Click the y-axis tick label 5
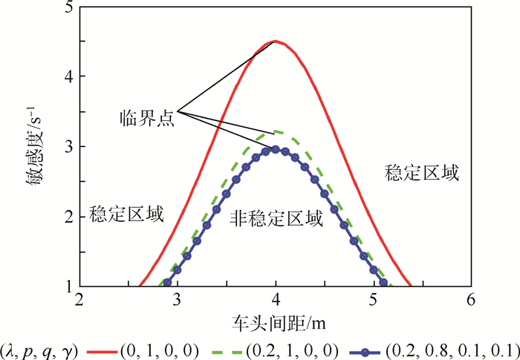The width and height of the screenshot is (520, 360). [68, 9]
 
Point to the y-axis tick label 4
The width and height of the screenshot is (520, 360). [68, 77]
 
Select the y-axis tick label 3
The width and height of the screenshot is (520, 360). [68, 147]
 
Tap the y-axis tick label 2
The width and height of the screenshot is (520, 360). [68, 217]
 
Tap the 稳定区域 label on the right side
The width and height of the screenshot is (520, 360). [422, 174]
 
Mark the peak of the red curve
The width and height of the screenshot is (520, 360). [276, 42]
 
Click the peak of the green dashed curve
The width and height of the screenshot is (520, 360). [276, 131]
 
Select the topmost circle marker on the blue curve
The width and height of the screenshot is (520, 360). [276, 149]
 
